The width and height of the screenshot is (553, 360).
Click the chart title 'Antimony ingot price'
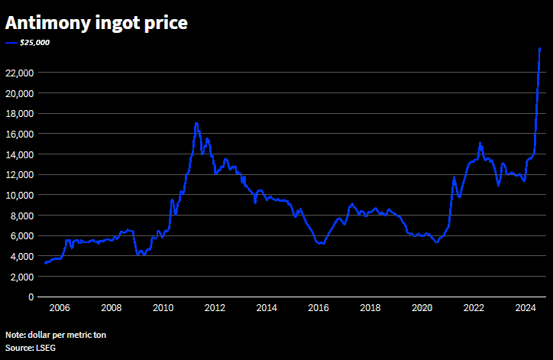[x=96, y=23]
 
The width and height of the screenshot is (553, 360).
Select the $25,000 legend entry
[x=34, y=43]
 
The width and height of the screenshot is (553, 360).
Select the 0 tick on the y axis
[x=30, y=297]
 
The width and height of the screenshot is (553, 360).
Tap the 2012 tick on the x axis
[x=215, y=308]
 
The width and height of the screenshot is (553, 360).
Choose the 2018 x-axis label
[x=370, y=308]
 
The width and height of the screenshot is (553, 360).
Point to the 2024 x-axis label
[x=525, y=308]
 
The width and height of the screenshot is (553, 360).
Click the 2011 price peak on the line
[x=196, y=123]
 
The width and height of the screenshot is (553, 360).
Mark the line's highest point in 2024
[x=540, y=48]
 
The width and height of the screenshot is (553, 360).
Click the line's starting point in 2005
[x=45, y=263]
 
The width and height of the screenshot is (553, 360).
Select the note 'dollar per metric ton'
[x=57, y=335]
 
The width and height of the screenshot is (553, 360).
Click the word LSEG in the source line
[x=45, y=348]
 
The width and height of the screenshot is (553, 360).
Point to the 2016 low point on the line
[x=321, y=243]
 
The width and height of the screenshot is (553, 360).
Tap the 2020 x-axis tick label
[x=422, y=308]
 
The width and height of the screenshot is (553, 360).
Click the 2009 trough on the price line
[x=138, y=254]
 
